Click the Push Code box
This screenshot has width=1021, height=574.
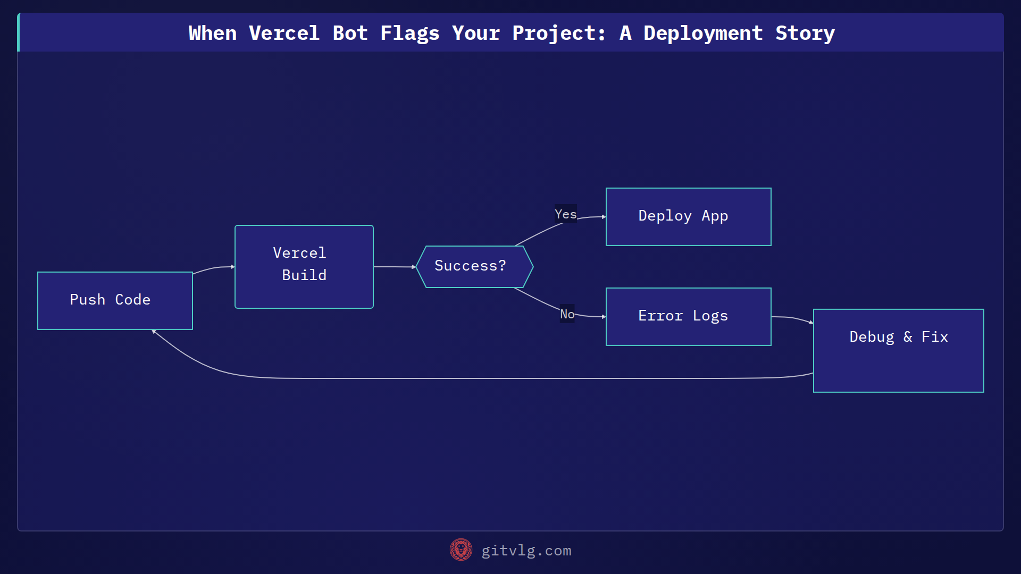(115, 301)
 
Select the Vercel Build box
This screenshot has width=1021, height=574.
(304, 267)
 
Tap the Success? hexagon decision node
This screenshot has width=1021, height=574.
(474, 266)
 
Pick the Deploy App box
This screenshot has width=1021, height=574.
(688, 217)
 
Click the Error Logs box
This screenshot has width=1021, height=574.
(688, 317)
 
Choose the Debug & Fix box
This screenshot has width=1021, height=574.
(898, 351)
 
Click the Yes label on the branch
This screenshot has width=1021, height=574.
(565, 214)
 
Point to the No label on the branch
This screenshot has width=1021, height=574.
(567, 314)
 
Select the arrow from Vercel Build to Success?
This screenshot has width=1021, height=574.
(394, 267)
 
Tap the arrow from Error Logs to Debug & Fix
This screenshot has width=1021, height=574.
(792, 318)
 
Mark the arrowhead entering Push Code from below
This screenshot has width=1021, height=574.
(154, 332)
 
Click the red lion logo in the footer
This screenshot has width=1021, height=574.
(461, 550)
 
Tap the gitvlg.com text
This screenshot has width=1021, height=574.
(526, 551)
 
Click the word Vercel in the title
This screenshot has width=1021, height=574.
(284, 33)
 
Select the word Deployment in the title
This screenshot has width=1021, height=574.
(703, 33)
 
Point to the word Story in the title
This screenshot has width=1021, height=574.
(805, 33)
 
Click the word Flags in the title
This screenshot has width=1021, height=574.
(409, 33)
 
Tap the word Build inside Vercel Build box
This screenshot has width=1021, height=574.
(304, 275)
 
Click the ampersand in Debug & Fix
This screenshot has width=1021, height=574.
(908, 337)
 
